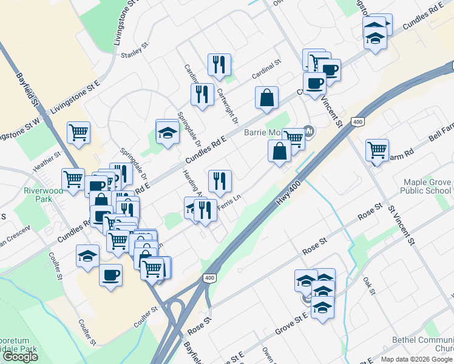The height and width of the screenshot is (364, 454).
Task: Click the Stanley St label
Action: tap(135, 50)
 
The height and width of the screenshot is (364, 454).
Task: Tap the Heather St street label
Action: tap(49, 160)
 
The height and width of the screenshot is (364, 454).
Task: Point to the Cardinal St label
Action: tap(267, 69)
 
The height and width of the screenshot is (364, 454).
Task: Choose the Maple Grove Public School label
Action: tap(427, 186)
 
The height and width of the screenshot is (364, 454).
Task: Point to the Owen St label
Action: tap(268, 355)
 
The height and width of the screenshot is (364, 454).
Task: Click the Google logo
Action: tap(20, 357)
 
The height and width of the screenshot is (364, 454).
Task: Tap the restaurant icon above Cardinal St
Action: tap(219, 63)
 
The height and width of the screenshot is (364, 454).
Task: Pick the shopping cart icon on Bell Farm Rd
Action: tap(378, 148)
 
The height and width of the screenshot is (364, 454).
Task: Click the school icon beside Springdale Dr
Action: tap(167, 131)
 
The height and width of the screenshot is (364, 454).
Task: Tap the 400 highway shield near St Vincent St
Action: tap(357, 122)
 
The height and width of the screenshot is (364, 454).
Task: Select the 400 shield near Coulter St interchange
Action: tap(209, 278)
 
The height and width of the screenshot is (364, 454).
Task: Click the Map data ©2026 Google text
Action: tap(417, 359)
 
